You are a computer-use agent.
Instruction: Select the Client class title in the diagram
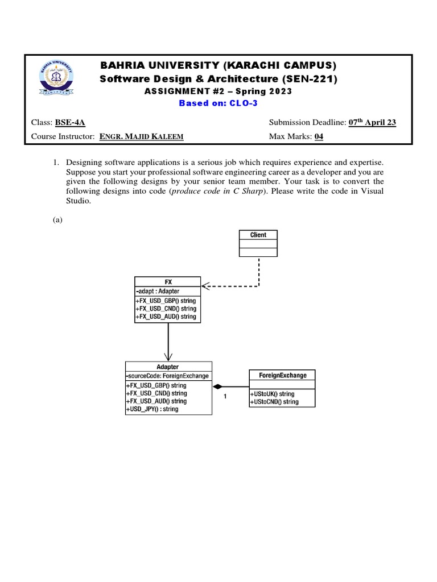pos(258,235)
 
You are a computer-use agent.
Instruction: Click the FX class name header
pos(168,281)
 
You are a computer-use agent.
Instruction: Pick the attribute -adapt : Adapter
pos(159,291)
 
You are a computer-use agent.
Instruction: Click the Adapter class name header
pos(168,367)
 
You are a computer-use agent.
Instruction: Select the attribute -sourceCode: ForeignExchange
pos(167,376)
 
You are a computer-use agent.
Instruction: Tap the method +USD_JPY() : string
pos(152,409)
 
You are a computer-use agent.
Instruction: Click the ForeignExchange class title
pos(282,375)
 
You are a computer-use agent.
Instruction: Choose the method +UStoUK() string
pos(272,394)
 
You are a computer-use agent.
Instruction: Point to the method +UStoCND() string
pos(274,402)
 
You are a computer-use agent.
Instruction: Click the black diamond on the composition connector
pos(217,386)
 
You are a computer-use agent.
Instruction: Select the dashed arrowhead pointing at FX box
pos(205,286)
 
